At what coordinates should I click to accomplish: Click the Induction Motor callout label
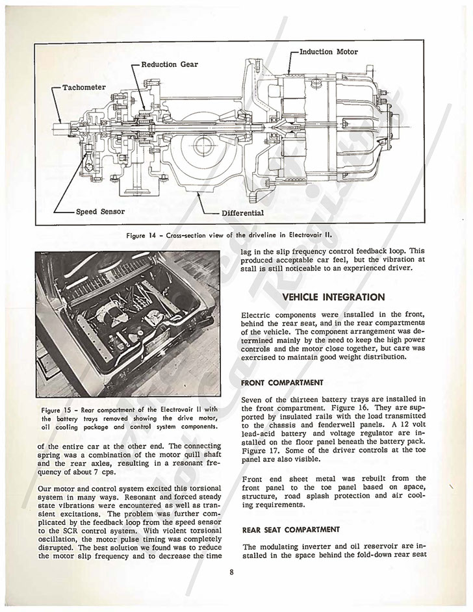(328, 52)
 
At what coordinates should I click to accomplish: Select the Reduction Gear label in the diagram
(170, 64)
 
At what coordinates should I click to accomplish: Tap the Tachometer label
(84, 87)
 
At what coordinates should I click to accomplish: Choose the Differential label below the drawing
(242, 212)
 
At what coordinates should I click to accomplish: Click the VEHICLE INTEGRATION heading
(334, 297)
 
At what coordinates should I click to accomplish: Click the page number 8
(231, 572)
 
